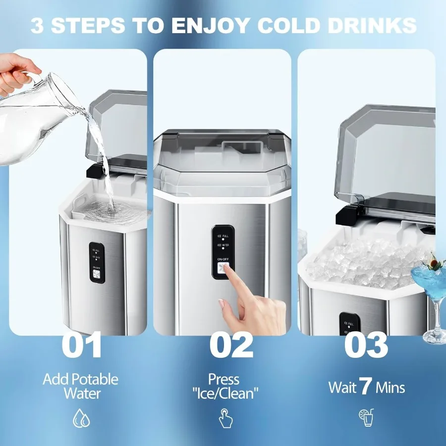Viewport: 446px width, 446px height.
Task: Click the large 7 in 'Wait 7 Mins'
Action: (366, 387)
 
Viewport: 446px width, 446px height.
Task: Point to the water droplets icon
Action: (81, 418)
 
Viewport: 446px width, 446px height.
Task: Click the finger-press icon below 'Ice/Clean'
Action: (225, 418)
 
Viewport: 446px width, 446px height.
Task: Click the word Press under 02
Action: (224, 380)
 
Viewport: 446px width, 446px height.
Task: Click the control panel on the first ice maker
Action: (97, 263)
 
